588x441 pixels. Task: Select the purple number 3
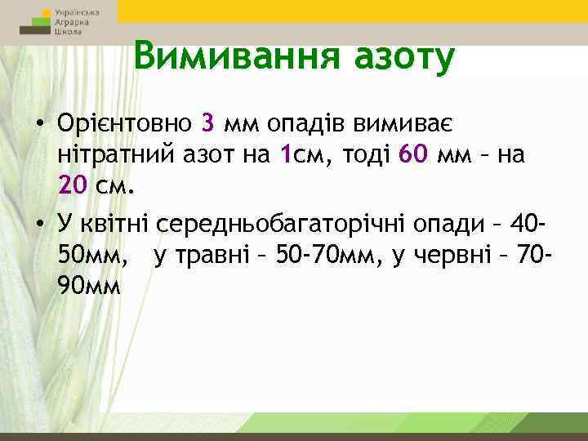pos(207,123)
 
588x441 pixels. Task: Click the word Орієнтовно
pos(123,123)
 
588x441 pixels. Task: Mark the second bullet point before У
pos(39,223)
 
